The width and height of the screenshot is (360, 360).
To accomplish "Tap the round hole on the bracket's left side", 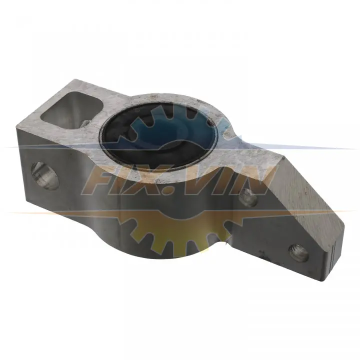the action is point(45,175).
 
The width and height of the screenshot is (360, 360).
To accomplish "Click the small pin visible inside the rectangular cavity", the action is point(85,123).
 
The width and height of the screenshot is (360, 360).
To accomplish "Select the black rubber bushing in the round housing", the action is point(158,135).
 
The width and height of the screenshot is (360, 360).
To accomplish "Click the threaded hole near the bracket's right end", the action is point(298,253).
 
